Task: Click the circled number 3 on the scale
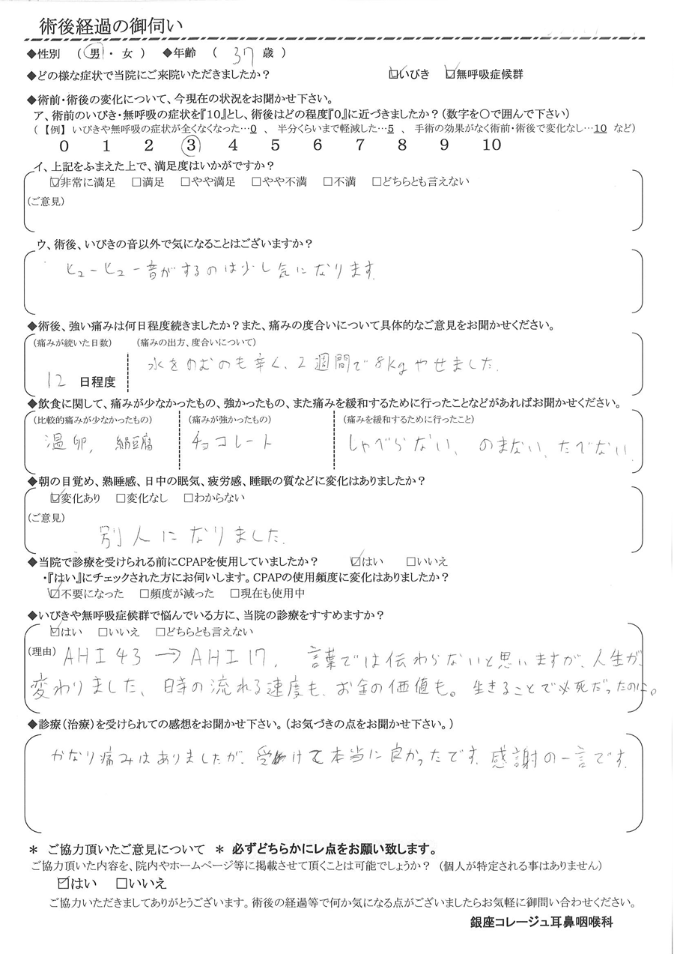tap(192, 145)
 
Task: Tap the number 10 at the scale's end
tap(491, 145)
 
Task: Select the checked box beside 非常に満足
tap(54, 182)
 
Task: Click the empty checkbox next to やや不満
tap(256, 182)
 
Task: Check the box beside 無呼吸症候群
tap(449, 74)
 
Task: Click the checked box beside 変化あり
tap(54, 497)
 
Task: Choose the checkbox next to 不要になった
tap(54, 594)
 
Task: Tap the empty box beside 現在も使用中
tap(235, 594)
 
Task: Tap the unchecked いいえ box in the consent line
tap(121, 884)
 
